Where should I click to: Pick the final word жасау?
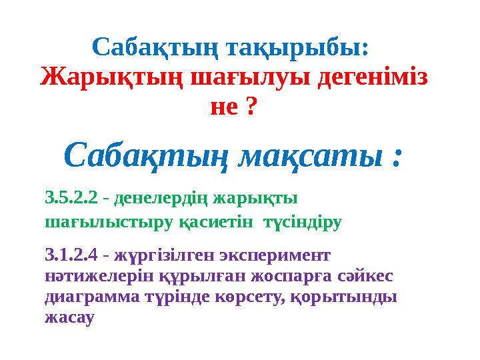click(x=68, y=318)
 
